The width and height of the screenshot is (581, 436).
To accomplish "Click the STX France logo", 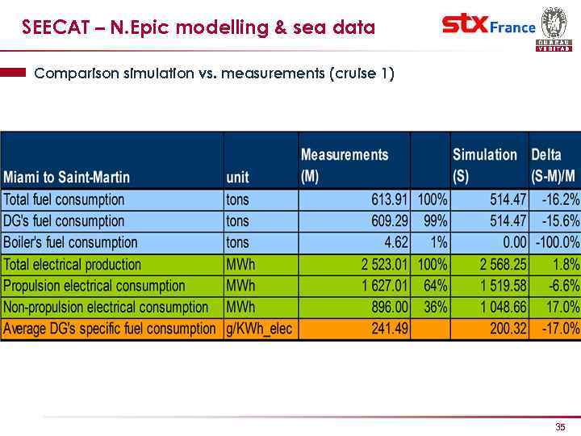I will [x=488, y=26].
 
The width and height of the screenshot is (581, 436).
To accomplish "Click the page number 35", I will [x=560, y=426].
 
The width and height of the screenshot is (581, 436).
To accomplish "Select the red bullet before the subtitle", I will [x=14, y=73].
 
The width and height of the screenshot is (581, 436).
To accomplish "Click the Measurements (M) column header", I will [x=344, y=165].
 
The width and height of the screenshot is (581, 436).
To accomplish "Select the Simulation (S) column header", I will [x=484, y=165].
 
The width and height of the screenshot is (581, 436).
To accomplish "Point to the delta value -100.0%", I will [x=557, y=242].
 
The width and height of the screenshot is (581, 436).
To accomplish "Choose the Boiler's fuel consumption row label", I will [x=70, y=242].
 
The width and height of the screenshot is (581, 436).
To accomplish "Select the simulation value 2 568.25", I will [x=498, y=264].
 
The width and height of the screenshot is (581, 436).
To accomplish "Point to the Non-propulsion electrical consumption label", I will [x=106, y=308].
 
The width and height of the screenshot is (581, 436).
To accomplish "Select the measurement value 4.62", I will [x=396, y=242].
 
